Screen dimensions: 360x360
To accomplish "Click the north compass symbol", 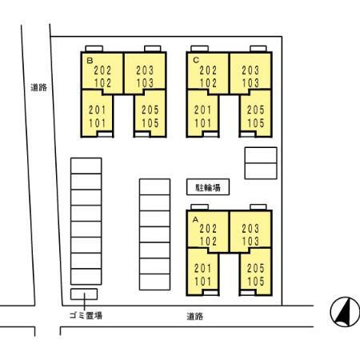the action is coord(345,312).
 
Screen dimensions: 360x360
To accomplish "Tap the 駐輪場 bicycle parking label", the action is coord(208,188).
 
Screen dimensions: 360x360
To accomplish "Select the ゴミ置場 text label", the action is coord(86,315).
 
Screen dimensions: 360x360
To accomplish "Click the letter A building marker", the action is coord(195,220).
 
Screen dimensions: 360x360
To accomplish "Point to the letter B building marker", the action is coord(90,61).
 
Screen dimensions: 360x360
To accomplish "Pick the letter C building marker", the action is coord(196,60).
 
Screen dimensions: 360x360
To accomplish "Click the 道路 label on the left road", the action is coord(39,87).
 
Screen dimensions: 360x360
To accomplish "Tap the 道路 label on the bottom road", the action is coord(195,316).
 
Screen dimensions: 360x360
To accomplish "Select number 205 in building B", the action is coord(150,110).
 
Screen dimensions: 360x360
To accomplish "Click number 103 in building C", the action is coord(250,83).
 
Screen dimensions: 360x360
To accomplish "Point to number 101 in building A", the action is coord(202,282).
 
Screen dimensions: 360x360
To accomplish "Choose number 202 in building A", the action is coord(208,229).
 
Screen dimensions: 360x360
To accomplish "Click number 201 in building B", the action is coord(98,110).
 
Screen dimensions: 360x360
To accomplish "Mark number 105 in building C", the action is coord(256,123).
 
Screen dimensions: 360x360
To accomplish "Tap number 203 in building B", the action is coord(145,70).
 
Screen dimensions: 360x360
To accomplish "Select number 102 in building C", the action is coord(208,83).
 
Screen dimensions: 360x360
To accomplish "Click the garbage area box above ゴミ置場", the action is coord(84,294).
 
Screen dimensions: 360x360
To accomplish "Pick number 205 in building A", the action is coord(255,268).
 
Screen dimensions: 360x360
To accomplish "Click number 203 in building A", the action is coord(250,229).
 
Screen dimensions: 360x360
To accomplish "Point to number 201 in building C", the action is coord(202,110).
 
